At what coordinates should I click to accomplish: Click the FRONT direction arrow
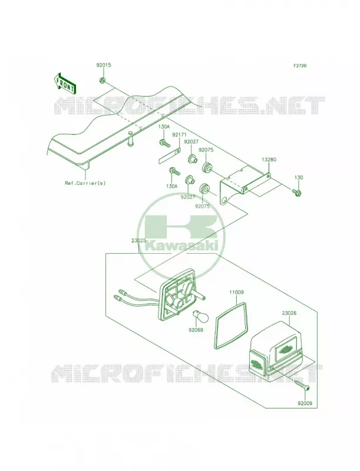pos(65,83)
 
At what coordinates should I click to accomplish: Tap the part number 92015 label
pos(104,65)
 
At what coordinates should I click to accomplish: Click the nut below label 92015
pos(102,80)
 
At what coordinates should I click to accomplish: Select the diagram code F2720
pos(300,65)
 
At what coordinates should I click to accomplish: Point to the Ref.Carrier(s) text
pos(85,183)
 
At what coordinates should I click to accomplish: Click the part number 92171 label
pos(179,136)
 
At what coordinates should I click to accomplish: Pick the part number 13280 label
pos(269,160)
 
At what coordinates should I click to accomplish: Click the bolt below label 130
pos(296,192)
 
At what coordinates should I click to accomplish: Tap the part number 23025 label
pos(138,240)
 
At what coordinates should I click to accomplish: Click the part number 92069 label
pos(196,330)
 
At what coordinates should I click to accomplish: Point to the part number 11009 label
pos(236,292)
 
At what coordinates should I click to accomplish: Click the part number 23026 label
pos(289,313)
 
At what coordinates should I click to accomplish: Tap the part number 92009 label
pos(305,403)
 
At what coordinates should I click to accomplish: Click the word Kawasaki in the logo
pos(181,246)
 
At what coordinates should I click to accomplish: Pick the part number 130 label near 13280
pos(299,178)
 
